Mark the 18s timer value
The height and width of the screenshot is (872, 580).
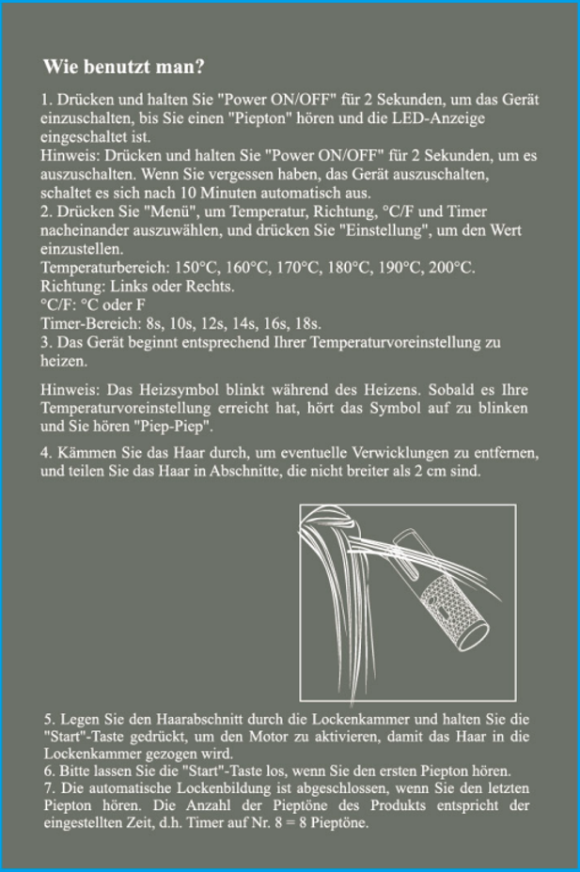coord(307,322)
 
